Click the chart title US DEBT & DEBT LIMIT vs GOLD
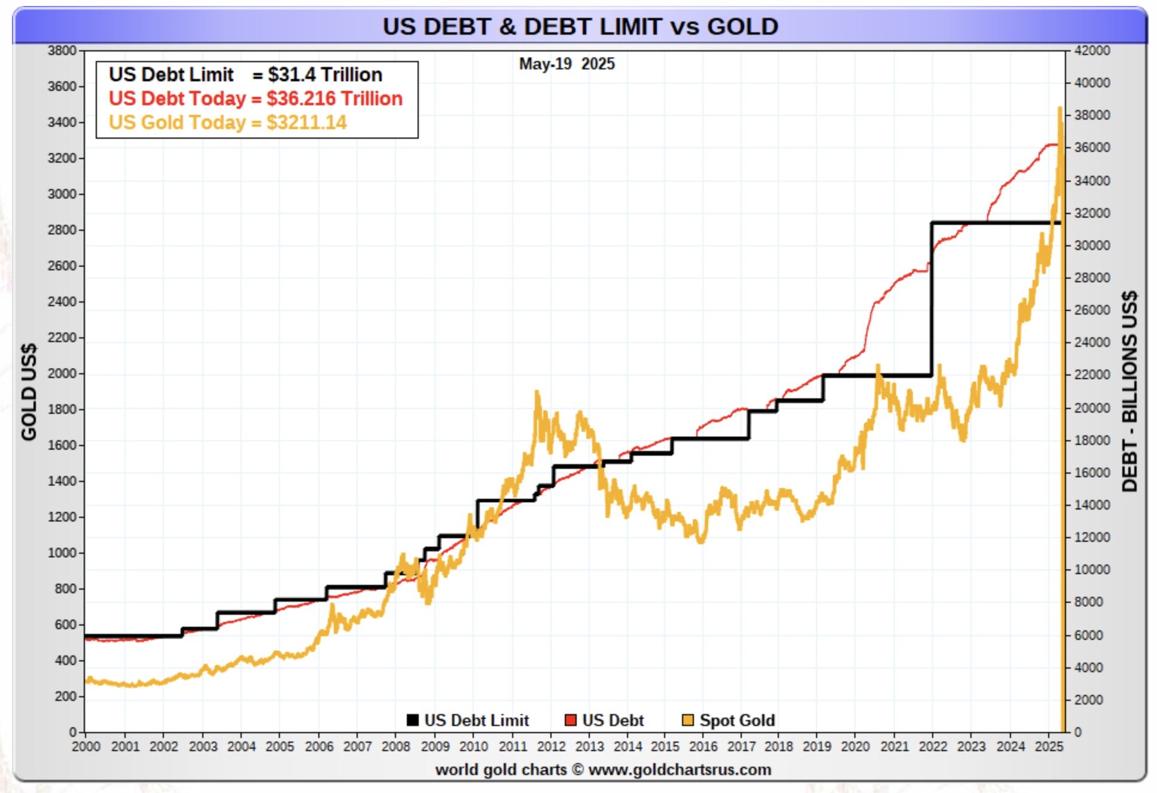click(x=580, y=26)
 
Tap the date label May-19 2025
click(x=567, y=64)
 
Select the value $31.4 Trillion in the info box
click(x=325, y=75)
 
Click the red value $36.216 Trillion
click(x=334, y=99)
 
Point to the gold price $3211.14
click(x=306, y=123)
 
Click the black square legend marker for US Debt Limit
click(x=412, y=720)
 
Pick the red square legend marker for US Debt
click(x=570, y=720)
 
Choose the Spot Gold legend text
click(x=737, y=720)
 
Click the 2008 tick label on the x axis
click(x=395, y=746)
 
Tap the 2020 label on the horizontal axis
click(x=855, y=746)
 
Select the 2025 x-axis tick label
click(x=1049, y=746)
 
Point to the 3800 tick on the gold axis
click(x=62, y=51)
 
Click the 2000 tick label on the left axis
click(x=62, y=373)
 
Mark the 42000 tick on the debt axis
click(x=1092, y=51)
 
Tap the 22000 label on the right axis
click(x=1092, y=375)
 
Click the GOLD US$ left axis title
click(x=29, y=392)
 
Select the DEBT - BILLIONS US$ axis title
click(x=1129, y=392)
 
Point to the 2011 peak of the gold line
click(x=537, y=393)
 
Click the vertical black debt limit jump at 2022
click(x=931, y=299)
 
